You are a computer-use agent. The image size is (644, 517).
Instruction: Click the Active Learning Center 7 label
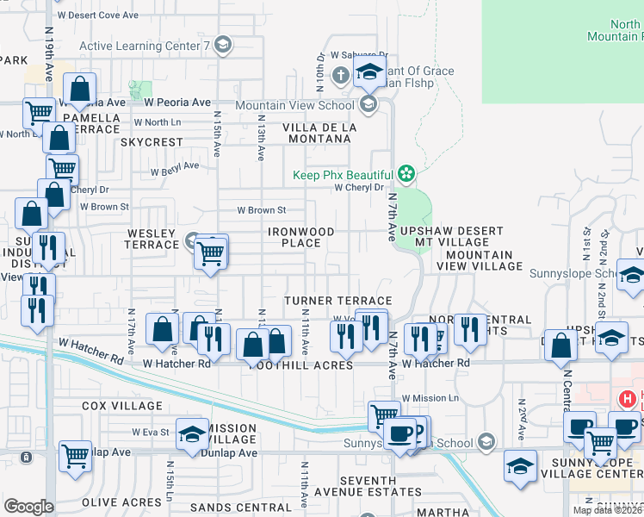pyautogui.click(x=145, y=46)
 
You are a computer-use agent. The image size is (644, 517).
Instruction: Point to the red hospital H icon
pyautogui.click(x=626, y=399)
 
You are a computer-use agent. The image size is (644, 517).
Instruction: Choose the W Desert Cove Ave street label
pyautogui.click(x=96, y=16)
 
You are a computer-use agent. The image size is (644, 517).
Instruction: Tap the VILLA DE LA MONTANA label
pyautogui.click(x=319, y=133)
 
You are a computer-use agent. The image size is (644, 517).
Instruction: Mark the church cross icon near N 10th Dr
pyautogui.click(x=340, y=74)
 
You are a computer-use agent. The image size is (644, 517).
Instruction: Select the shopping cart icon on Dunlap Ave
pyautogui.click(x=76, y=456)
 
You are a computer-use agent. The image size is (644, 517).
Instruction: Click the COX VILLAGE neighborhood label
pyautogui.click(x=122, y=405)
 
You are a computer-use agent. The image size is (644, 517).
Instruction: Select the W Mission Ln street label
pyautogui.click(x=430, y=398)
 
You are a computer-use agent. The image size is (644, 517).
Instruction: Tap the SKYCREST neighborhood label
pyautogui.click(x=152, y=141)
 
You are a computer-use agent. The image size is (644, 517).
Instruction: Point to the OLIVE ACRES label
pyautogui.click(x=121, y=501)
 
